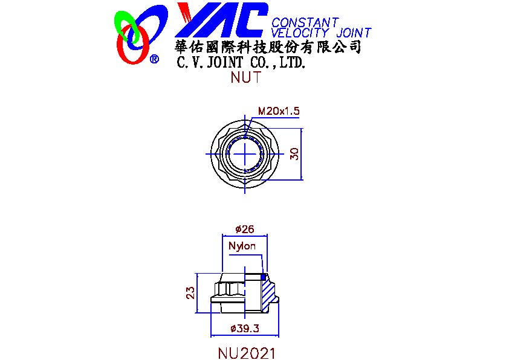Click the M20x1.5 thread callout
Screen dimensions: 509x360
(279, 111)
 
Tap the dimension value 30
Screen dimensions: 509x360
(294, 154)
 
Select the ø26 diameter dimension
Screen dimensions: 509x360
(245, 230)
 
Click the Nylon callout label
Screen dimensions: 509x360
(242, 246)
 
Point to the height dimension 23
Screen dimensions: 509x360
(190, 292)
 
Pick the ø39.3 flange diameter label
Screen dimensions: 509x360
(245, 329)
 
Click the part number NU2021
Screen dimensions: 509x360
(247, 353)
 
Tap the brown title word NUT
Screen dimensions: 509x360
(246, 77)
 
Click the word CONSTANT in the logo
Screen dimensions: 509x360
(305, 23)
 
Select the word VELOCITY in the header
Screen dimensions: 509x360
(300, 33)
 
